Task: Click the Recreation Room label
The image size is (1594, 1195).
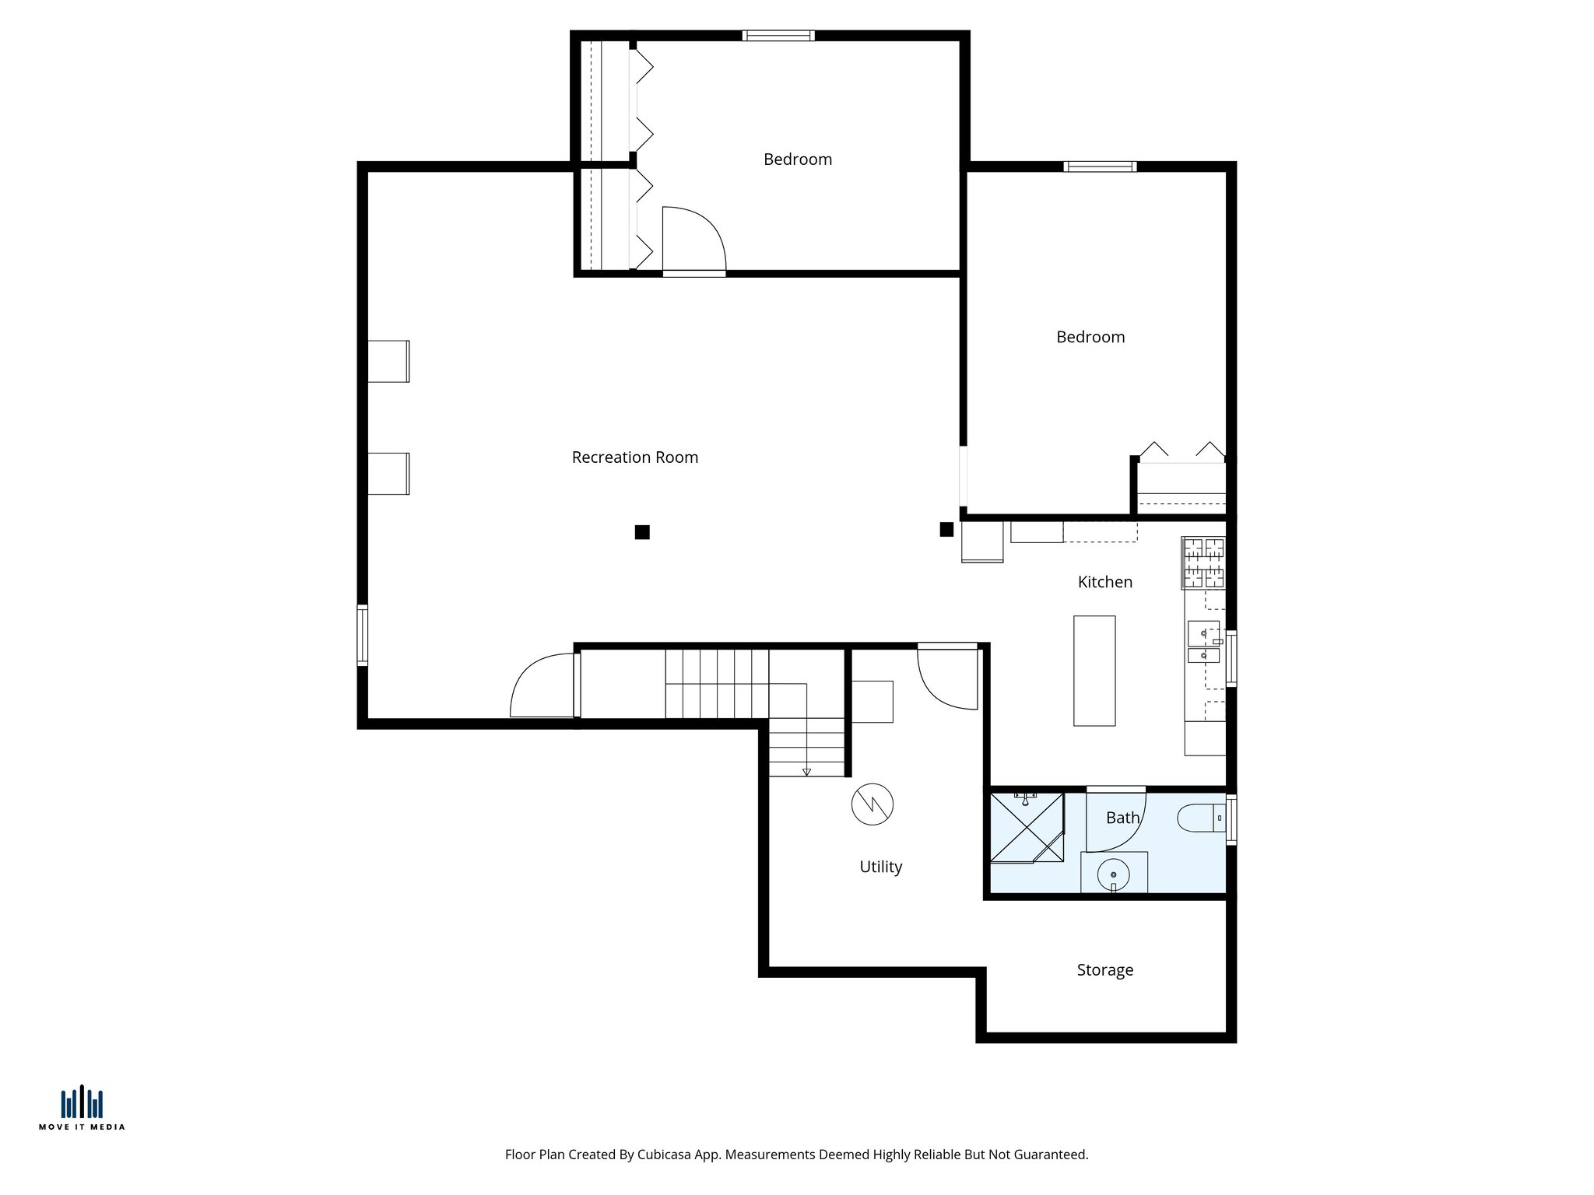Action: point(634,457)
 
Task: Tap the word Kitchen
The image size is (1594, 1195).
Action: point(1104,582)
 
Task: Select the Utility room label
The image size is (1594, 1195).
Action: point(880,867)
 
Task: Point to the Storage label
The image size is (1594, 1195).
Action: point(1104,970)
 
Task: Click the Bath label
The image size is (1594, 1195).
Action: point(1122,818)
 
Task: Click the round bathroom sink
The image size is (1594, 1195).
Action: point(1113,874)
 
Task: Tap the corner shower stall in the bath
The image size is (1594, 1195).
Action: point(1026,828)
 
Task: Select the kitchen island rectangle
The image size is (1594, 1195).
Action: point(1094,671)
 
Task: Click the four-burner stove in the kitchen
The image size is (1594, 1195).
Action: point(1203,562)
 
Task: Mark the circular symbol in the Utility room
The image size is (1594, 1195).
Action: point(872,804)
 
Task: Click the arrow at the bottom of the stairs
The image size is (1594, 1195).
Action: point(806,772)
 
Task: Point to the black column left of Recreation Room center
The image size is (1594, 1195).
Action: point(642,532)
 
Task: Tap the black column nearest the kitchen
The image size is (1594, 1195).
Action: point(946,530)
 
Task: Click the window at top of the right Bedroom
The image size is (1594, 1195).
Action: point(1100,166)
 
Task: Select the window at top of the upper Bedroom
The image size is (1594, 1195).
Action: point(778,36)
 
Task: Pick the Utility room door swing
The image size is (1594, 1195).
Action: point(947,678)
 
